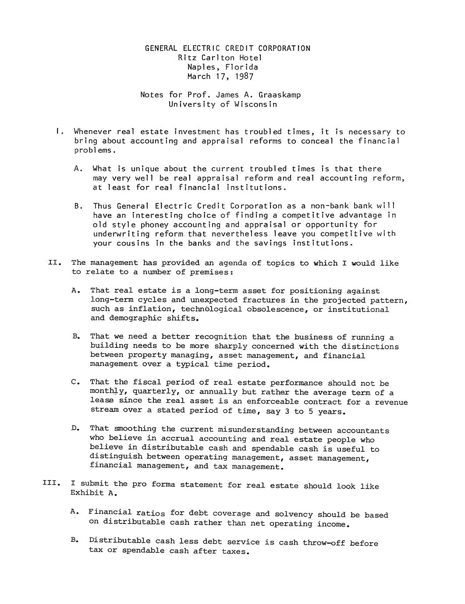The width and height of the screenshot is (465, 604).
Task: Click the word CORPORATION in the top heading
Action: (284, 48)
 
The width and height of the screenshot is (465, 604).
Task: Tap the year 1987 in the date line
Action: (244, 77)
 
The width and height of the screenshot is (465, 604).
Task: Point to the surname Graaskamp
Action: (280, 95)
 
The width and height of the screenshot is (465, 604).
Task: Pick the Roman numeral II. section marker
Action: (53, 263)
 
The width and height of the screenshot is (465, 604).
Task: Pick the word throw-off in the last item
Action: (324, 543)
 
